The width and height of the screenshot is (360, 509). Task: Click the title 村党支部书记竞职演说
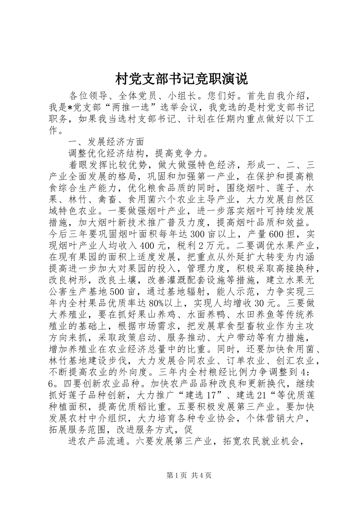point(181,79)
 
